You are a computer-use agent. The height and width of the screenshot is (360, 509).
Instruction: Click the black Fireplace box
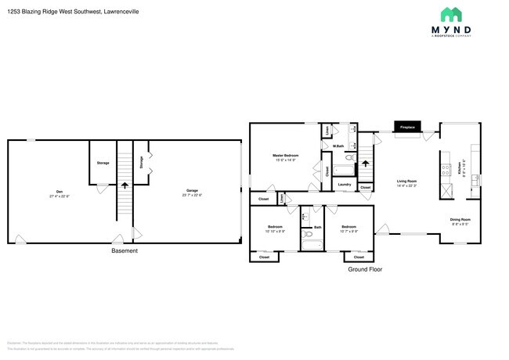click(x=407, y=127)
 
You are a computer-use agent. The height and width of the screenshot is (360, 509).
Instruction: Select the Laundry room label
click(x=344, y=185)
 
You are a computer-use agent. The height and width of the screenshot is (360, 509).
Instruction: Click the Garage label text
click(x=191, y=190)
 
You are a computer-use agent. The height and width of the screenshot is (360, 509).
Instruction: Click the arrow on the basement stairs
click(x=124, y=186)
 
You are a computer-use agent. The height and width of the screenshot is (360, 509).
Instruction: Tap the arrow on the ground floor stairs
click(x=366, y=163)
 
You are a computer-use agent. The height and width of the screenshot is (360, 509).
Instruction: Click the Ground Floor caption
click(x=366, y=268)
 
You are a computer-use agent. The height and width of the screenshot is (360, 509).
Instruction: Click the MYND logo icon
click(x=450, y=15)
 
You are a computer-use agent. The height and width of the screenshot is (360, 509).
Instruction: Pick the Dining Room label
click(x=460, y=220)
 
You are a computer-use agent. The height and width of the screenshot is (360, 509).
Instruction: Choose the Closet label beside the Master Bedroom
click(x=326, y=170)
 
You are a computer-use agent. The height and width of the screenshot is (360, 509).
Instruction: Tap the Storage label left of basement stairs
click(x=103, y=163)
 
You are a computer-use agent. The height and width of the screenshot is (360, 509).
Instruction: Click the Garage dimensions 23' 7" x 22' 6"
click(x=191, y=195)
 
